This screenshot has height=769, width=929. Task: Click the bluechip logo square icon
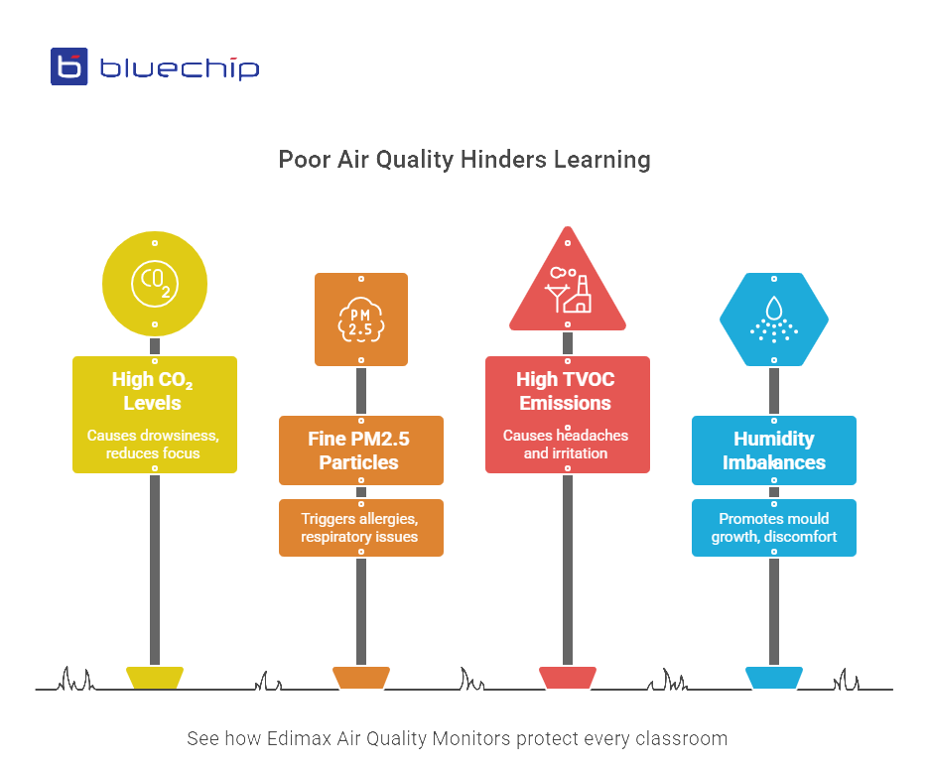coord(69,66)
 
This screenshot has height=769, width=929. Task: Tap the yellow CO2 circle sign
coord(155,284)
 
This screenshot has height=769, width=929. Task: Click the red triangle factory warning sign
coord(568,287)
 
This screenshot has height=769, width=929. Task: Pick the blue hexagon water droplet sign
coord(774,319)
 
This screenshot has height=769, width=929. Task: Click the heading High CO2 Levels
coord(154,391)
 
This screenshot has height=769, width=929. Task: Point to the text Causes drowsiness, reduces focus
coord(154,444)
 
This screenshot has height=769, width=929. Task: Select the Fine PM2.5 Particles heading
coord(360,450)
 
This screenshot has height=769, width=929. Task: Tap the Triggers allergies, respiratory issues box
coord(360,528)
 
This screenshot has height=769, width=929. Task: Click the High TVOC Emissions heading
coord(567,391)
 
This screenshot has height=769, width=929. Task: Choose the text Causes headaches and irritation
coord(567,444)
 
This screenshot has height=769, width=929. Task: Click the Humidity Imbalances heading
coord(774,450)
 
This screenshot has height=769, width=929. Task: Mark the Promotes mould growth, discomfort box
coord(774,528)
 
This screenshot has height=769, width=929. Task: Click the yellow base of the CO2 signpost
coord(155,677)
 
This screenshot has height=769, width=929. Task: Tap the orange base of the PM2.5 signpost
coord(361,677)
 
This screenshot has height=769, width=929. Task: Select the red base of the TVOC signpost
coord(568,677)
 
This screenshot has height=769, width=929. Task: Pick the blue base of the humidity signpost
coord(774,677)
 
